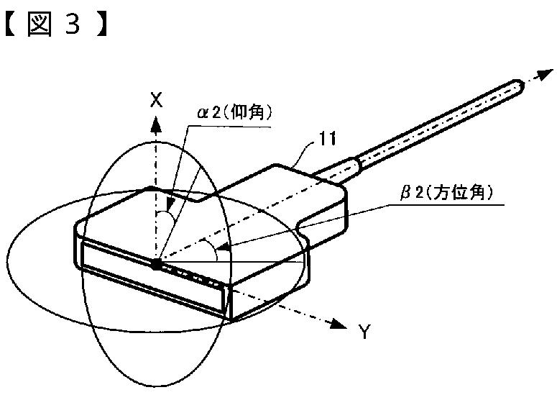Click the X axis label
[x=156, y=101]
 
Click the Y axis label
[x=364, y=332]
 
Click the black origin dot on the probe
[x=156, y=265]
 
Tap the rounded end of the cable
[x=518, y=88]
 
